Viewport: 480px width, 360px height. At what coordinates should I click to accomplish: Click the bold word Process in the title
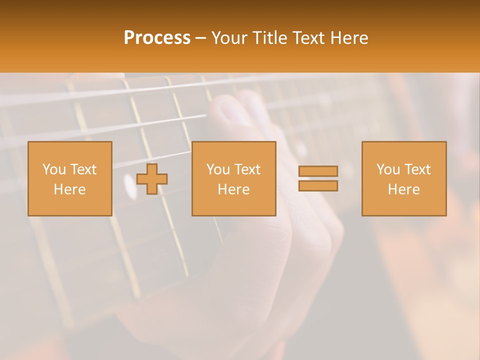pos(157,38)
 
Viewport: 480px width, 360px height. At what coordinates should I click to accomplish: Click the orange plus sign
pos(152,179)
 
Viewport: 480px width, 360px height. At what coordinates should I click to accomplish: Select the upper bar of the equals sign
pos(318,171)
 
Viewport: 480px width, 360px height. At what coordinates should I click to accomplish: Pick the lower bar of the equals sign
pos(318,186)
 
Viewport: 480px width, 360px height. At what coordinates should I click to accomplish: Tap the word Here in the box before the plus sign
pos(69,189)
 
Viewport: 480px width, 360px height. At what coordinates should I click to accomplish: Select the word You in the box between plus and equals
pos(217,169)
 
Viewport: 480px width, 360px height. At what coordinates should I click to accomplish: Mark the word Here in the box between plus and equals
pos(233,189)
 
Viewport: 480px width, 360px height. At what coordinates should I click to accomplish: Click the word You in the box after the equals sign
pos(387,169)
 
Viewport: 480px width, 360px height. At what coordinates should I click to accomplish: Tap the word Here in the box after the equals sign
pos(403,189)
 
